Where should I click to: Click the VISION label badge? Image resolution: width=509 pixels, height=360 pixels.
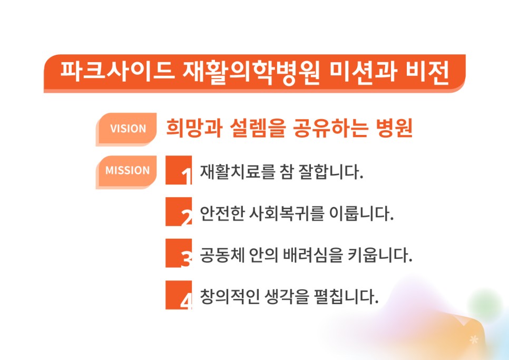point(126,129)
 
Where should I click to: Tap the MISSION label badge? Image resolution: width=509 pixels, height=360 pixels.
point(126,172)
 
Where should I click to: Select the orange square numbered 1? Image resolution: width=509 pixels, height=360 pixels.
point(179,170)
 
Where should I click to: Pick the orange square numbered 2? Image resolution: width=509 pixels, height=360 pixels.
point(179,212)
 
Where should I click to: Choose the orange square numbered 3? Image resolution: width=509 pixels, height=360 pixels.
point(179,253)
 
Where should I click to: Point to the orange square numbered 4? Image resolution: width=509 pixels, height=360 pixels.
point(179,295)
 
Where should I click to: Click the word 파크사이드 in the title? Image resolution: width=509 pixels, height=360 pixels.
point(118,71)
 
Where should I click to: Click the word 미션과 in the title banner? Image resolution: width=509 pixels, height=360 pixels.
point(363,72)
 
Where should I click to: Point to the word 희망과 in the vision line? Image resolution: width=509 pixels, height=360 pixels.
point(194,128)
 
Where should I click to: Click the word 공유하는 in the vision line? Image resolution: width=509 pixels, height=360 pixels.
point(330,128)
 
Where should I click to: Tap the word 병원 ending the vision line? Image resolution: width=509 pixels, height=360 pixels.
point(394,128)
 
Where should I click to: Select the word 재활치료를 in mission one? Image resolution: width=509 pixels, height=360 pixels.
point(237,172)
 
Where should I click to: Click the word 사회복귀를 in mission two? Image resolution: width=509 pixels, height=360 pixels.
point(287,213)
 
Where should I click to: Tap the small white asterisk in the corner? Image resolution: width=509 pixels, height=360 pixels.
point(474,339)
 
